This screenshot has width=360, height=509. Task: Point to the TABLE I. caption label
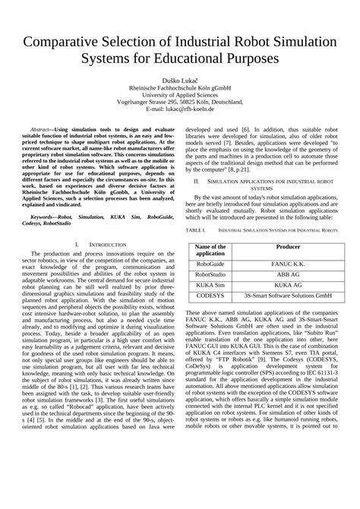(x=195, y=229)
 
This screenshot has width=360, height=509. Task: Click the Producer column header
(x=288, y=248)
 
